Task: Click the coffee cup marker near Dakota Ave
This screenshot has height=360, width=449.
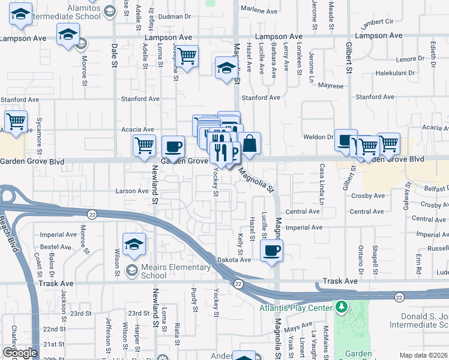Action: (271, 251)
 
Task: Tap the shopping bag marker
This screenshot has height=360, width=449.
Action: (249, 144)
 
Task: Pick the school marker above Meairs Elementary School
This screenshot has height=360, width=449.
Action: (134, 244)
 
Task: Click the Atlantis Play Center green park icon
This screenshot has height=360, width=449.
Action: (342, 308)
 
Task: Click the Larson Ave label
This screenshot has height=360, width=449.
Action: (131, 191)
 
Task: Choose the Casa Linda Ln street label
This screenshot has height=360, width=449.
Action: (321, 185)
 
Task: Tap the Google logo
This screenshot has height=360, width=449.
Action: (20, 353)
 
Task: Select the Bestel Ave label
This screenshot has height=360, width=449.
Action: (56, 247)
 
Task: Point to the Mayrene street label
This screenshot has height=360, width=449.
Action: (330, 86)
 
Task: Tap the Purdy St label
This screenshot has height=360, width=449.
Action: (194, 301)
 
